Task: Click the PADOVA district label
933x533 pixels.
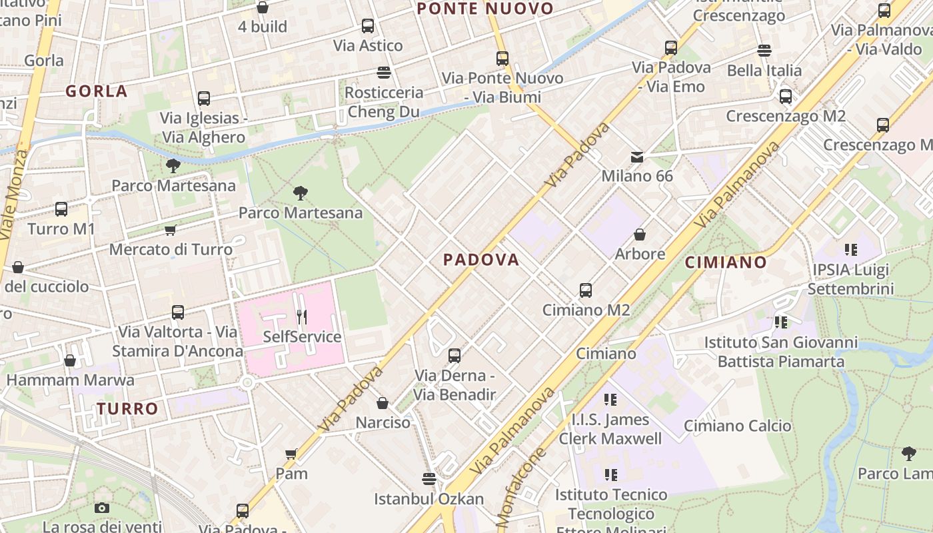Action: (x=481, y=260)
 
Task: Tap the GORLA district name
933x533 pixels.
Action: (x=97, y=91)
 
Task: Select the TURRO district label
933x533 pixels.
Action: (x=127, y=408)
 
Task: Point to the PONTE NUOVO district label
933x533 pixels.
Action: (x=485, y=9)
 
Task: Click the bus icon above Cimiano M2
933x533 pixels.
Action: (x=586, y=290)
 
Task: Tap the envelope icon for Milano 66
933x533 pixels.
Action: (x=637, y=157)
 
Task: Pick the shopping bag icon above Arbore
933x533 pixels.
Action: (x=640, y=235)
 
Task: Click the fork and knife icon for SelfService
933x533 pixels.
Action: (x=302, y=317)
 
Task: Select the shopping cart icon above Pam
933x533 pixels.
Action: (x=291, y=454)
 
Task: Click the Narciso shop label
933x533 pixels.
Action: (x=383, y=422)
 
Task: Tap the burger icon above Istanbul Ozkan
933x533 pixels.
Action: (x=429, y=479)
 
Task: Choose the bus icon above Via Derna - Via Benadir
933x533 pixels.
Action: (x=455, y=356)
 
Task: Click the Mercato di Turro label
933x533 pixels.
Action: (x=171, y=249)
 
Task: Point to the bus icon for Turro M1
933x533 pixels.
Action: (x=61, y=209)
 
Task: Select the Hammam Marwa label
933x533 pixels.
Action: (x=70, y=380)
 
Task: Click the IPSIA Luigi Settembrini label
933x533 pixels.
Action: (x=850, y=279)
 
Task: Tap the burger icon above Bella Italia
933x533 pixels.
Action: (x=764, y=51)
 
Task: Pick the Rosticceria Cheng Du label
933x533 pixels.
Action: (x=383, y=102)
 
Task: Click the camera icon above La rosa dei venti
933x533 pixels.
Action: (x=102, y=508)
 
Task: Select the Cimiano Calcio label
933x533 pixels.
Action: (x=737, y=426)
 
